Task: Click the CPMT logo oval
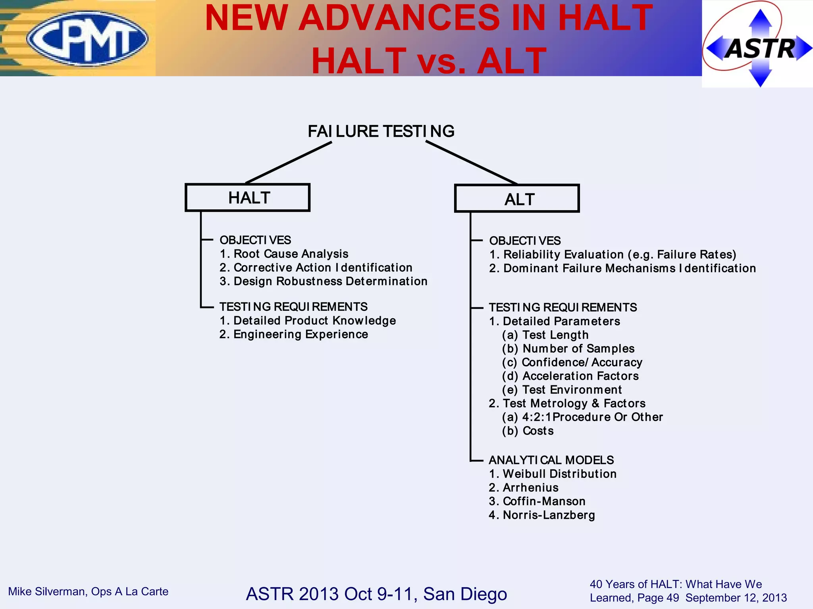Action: [x=87, y=38]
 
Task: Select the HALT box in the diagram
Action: [x=248, y=197]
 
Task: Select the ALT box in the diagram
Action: [x=517, y=199]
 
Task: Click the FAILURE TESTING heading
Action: [x=381, y=131]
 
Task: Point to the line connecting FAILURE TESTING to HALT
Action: [x=289, y=163]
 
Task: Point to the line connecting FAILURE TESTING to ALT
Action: [x=472, y=163]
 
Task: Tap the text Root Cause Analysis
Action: [x=291, y=254]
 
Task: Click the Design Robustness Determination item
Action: [x=330, y=281]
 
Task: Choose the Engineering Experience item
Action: [x=301, y=334]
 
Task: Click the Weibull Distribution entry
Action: [x=559, y=474]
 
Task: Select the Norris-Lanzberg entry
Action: [x=549, y=515]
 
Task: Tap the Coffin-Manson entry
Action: [x=544, y=501]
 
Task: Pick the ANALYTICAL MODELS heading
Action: [x=551, y=460]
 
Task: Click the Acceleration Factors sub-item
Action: [x=580, y=376]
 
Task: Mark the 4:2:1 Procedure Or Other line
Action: [x=592, y=417]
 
